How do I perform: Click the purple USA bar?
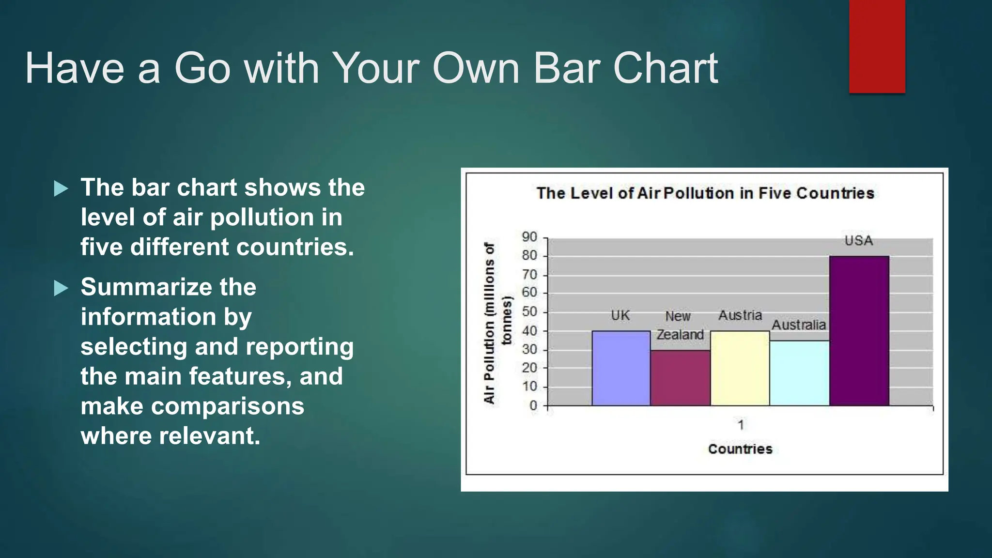pos(859,330)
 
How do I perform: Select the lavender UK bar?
pos(620,368)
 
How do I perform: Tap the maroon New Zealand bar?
pos(680,378)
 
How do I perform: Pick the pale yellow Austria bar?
pos(740,368)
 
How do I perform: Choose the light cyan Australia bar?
pos(799,373)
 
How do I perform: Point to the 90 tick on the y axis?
pos(529,237)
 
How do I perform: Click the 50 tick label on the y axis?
pos(529,311)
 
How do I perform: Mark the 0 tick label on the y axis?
pos(533,405)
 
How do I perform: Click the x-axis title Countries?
pos(740,449)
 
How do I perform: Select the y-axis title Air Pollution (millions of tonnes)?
pos(497,323)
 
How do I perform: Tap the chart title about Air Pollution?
pos(705,193)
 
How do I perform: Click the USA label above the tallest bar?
pos(858,241)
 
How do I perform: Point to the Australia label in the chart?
pos(798,325)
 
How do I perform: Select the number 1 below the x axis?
pos(741,425)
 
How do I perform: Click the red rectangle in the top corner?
pos(877,46)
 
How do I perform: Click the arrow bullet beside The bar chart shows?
pos(61,188)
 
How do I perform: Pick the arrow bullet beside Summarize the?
pos(61,288)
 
